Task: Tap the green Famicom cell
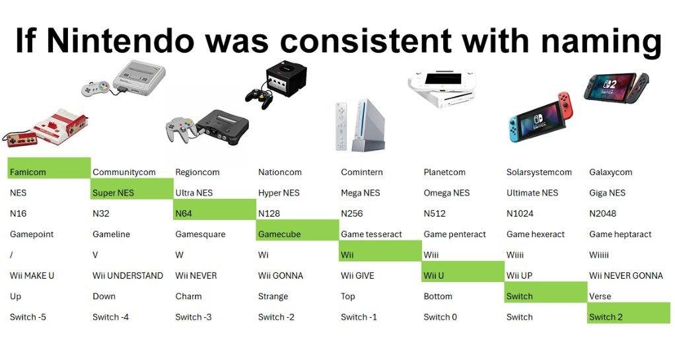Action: click(x=49, y=168)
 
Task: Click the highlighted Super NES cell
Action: click(x=131, y=189)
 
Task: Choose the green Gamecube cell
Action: click(x=297, y=231)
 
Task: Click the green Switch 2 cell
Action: click(x=629, y=313)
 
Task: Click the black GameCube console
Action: click(x=286, y=79)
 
